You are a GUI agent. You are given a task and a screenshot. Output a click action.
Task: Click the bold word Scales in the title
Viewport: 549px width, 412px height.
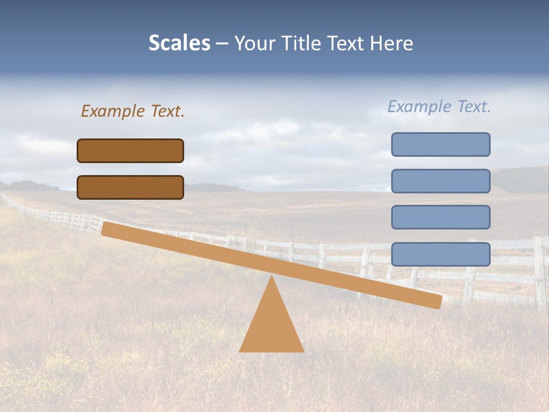point(179,43)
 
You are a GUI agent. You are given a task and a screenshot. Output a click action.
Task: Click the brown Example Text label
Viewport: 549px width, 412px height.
point(133,111)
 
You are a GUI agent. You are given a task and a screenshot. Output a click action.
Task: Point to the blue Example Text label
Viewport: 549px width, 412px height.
point(439,106)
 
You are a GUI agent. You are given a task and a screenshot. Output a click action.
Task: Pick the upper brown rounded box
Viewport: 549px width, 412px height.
point(130,150)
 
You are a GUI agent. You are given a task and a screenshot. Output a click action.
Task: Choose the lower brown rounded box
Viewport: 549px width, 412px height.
point(130,187)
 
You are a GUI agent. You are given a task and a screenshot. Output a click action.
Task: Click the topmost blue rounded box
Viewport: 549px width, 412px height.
point(440,144)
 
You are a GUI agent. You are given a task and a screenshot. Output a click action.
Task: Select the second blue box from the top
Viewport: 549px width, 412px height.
point(440,181)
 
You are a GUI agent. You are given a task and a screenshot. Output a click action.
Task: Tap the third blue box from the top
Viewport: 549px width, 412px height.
point(440,217)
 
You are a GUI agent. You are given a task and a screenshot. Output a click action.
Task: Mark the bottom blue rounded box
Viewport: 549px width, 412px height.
point(440,254)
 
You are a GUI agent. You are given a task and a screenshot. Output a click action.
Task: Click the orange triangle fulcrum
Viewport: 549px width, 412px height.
point(272,326)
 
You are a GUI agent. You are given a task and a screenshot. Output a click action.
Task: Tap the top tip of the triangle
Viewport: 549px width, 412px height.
point(272,278)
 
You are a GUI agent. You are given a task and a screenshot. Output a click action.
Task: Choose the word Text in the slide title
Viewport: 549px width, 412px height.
point(344,43)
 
